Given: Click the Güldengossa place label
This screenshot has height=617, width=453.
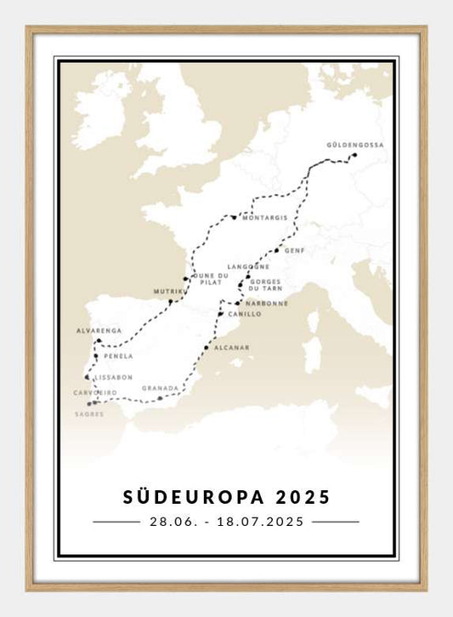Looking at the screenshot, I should pos(355,146).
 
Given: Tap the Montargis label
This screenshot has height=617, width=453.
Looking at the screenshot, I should pos(264,218).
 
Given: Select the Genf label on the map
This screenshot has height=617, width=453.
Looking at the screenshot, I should pos(295,251).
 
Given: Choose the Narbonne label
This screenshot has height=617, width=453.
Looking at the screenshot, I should pos(267,303).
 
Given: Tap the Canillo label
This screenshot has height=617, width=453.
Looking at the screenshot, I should pos(245,314).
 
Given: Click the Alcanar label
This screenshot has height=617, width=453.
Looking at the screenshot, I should pos(232,348).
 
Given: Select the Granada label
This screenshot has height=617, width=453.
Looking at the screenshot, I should pos(161,387).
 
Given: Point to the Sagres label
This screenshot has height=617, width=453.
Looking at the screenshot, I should pos(89,414).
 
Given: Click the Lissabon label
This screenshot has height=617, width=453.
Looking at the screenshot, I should pos(114,376).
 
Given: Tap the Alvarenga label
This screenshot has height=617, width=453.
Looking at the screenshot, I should pos(99,330).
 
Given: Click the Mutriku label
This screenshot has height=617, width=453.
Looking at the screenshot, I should pos(167,292).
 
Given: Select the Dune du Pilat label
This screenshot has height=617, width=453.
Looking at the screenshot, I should pos(211,278).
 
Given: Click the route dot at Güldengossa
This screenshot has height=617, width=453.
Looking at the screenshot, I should pos(354,155).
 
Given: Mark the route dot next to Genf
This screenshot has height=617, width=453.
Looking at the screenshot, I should pos(277,251).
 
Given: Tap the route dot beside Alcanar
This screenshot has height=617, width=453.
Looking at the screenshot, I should pos(207,347).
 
